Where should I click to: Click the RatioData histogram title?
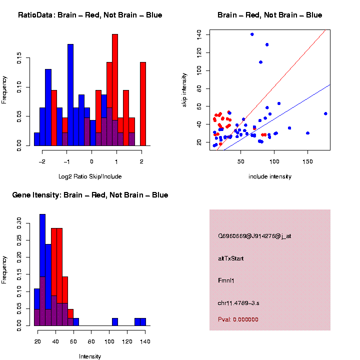90,15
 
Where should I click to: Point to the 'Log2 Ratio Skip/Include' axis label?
90,176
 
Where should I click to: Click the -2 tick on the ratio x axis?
42,161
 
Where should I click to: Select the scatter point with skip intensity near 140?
252,34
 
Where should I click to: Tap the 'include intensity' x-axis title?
270,176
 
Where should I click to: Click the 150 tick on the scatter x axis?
307,161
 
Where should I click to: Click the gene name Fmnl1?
226,280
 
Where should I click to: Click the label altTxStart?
230,258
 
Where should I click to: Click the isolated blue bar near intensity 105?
115,322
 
